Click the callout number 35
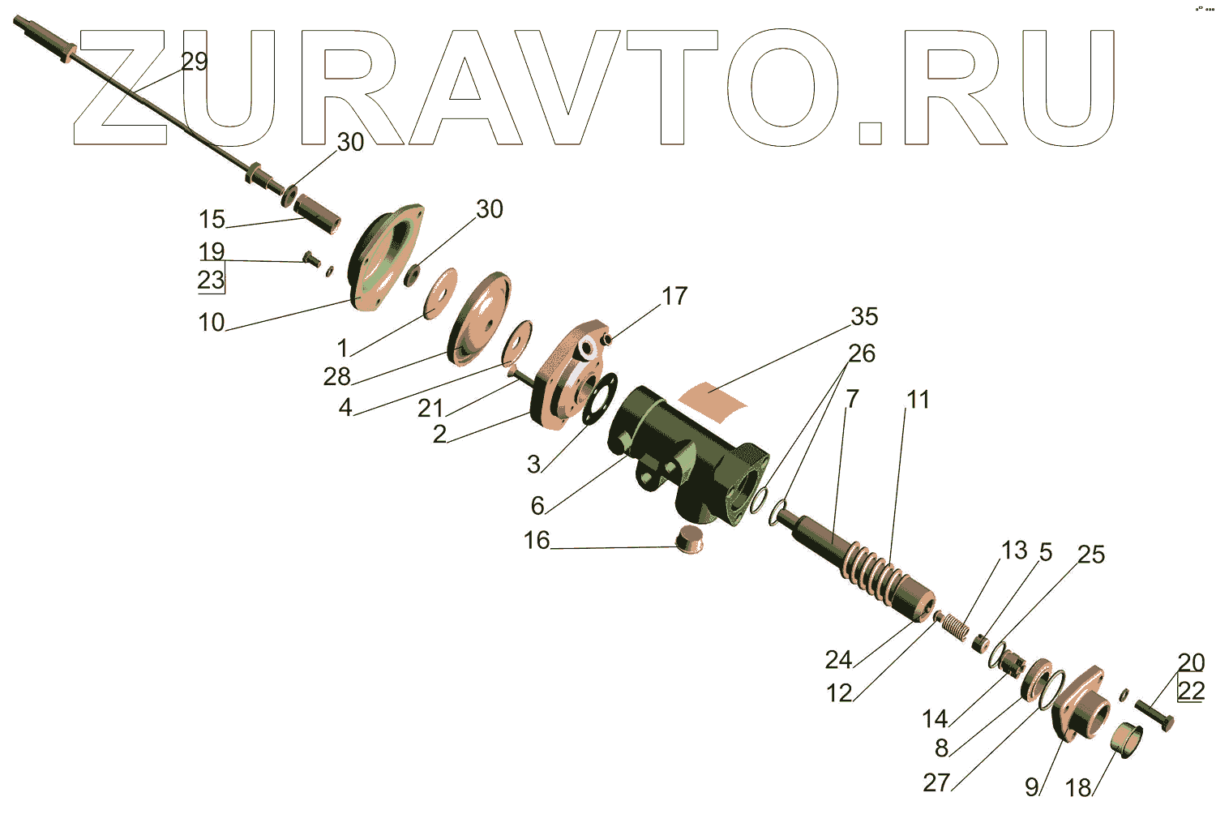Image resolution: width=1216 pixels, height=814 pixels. [864, 316]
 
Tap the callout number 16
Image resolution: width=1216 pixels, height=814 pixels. [537, 540]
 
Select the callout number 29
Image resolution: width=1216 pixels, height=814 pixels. [195, 62]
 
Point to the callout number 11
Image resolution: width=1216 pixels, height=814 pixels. [918, 399]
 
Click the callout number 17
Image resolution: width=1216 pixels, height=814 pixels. [674, 296]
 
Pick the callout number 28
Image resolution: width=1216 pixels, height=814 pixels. [337, 376]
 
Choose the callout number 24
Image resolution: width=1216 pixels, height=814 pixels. [838, 660]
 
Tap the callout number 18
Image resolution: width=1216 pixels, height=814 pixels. [1078, 787]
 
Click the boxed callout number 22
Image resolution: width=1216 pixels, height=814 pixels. [1191, 691]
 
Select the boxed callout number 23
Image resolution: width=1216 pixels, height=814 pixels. [211, 280]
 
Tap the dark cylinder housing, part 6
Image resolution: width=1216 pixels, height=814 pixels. [681, 454]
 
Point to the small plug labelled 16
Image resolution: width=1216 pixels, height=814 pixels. [690, 538]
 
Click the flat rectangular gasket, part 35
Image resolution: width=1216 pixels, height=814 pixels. [713, 397]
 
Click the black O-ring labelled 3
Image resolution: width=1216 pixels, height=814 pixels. [600, 398]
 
